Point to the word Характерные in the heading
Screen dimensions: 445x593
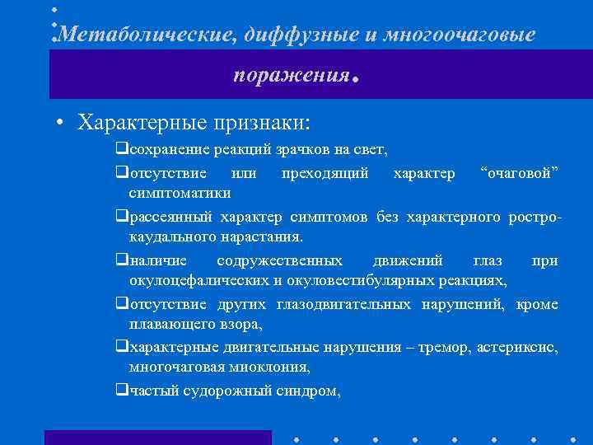(x=144, y=123)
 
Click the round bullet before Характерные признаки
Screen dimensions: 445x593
(x=61, y=124)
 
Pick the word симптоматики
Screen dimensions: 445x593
(x=180, y=192)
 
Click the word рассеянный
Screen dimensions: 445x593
(x=170, y=217)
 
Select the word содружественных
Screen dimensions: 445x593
(x=279, y=260)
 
